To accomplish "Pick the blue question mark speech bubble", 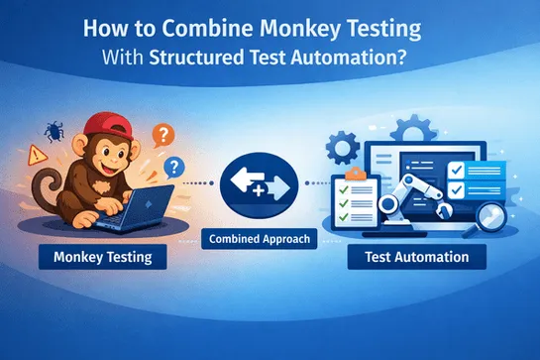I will [176, 167].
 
